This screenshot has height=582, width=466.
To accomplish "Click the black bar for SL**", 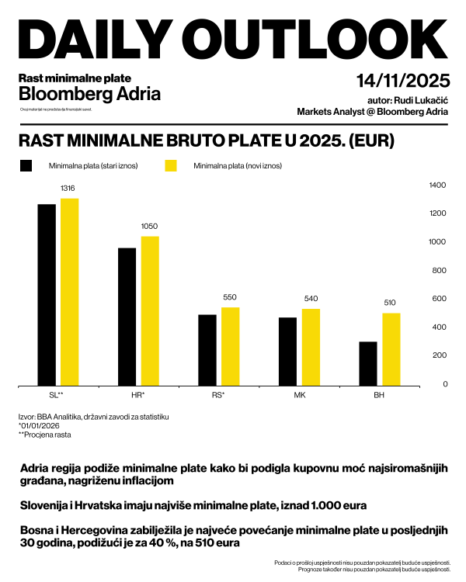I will pyautogui.click(x=47, y=294).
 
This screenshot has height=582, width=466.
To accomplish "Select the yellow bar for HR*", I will pyautogui.click(x=150, y=310).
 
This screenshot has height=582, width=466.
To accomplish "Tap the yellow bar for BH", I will pyautogui.click(x=391, y=348).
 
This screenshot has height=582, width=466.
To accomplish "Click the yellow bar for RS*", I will pyautogui.click(x=231, y=345).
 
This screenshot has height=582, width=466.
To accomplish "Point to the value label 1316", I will pyautogui.click(x=69, y=189).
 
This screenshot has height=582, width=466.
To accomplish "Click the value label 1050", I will pyautogui.click(x=149, y=226).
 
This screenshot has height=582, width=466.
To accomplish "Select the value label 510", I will pyautogui.click(x=391, y=303).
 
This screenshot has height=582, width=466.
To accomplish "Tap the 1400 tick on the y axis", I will pyautogui.click(x=438, y=185).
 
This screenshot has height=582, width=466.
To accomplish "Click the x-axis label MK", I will pyautogui.click(x=299, y=395).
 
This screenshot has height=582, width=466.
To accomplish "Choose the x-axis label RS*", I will pyautogui.click(x=218, y=395).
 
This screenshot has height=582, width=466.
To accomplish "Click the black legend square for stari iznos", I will pyautogui.click(x=26, y=166).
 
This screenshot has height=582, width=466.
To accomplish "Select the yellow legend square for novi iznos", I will pyautogui.click(x=172, y=166).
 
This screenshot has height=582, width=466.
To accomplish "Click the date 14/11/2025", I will pyautogui.click(x=403, y=81).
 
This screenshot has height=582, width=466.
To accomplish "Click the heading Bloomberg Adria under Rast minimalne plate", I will pyautogui.click(x=89, y=95).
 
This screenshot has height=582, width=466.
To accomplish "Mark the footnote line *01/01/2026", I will pyautogui.click(x=40, y=425).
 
